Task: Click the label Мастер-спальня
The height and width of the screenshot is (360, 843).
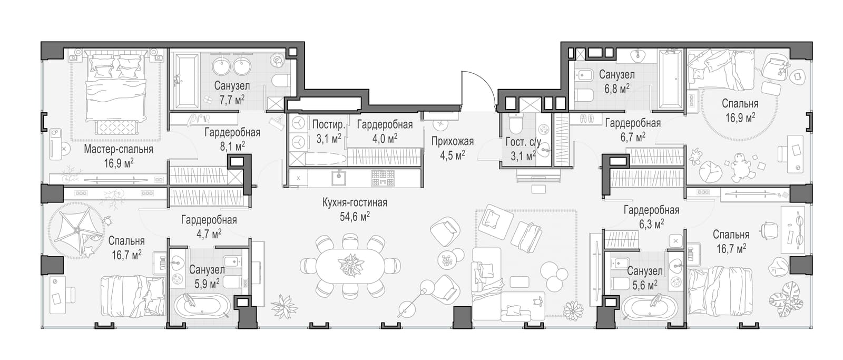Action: pos(119,149)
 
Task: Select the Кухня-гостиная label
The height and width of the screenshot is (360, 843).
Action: pos(355,202)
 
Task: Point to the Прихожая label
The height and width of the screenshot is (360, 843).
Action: pos(453,142)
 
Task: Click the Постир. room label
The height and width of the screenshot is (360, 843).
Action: pos(329,124)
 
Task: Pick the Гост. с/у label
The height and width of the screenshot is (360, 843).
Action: pos(524,142)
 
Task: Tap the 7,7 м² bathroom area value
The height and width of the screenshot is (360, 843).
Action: pos(232,100)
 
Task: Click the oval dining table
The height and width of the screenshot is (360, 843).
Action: pos(350,266)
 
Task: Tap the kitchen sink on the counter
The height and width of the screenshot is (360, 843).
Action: pos(339,178)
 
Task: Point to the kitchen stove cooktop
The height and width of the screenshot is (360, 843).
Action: pos(383,178)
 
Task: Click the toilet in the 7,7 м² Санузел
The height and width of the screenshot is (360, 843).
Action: pos(281,80)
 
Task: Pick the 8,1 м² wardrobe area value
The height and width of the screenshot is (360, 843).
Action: pos(232,146)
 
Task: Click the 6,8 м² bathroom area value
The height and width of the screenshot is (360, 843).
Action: pos(617,89)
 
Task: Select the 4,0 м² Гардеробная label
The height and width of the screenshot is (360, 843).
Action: pos(385,131)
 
